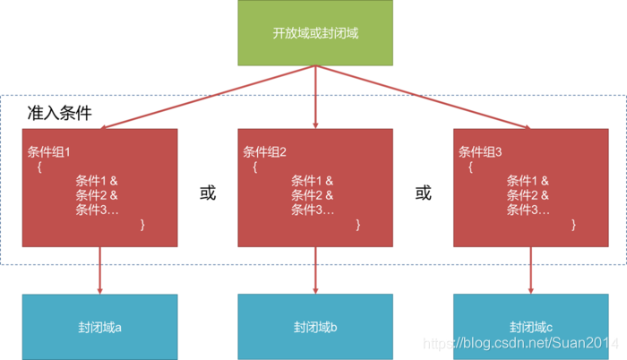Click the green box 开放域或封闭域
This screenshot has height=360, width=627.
(x=314, y=33)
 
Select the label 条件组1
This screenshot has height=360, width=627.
(x=48, y=151)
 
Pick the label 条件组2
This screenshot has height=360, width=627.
(x=264, y=151)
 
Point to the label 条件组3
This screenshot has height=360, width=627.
(x=480, y=151)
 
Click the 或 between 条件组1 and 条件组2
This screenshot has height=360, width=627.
(x=208, y=193)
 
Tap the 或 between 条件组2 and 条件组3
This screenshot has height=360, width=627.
(x=423, y=193)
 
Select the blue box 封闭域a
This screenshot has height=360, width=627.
(x=99, y=327)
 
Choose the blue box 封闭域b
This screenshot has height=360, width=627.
(x=314, y=327)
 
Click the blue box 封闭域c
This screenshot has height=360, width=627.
(x=530, y=327)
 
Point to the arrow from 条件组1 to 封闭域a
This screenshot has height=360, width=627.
(x=99, y=270)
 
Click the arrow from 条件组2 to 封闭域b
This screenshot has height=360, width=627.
(x=315, y=270)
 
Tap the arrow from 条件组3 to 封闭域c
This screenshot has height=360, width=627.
(x=530, y=270)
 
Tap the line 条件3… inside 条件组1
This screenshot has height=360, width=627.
(x=97, y=210)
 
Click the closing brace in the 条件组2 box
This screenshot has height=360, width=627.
(x=358, y=225)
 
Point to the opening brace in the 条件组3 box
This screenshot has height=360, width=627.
(x=470, y=167)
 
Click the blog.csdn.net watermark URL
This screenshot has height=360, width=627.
(x=520, y=343)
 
